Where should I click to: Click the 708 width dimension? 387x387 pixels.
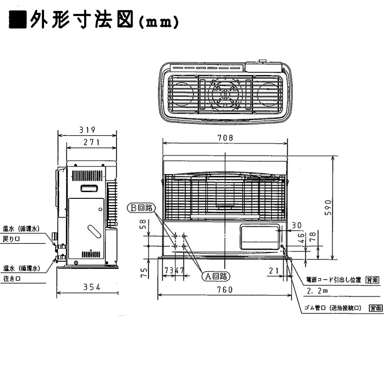tap(225, 138)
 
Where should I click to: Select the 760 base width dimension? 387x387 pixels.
tap(225, 290)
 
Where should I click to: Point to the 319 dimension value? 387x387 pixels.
tap(88, 130)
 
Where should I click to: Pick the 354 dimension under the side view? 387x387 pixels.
tap(88, 287)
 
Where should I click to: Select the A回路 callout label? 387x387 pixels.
tap(215, 276)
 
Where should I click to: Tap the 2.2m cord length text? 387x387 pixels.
tap(317, 291)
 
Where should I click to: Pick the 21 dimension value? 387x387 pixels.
tap(273, 270)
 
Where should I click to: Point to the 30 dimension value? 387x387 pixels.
tap(297, 225)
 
